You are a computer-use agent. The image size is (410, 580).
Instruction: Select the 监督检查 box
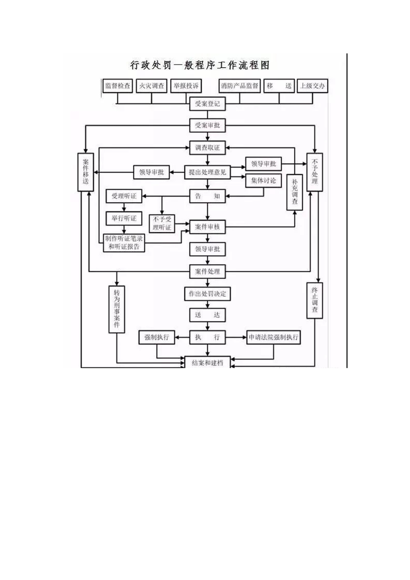[118, 86]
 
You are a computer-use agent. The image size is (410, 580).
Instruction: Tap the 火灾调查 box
[151, 86]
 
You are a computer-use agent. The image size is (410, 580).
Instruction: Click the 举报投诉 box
[186, 86]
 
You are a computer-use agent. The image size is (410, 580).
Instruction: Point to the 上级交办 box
[313, 86]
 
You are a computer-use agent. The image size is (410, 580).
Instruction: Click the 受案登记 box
[207, 104]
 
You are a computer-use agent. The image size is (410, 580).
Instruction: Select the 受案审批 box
[207, 126]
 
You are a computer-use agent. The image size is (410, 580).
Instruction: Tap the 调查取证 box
[207, 148]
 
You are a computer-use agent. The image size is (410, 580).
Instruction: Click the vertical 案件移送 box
[86, 172]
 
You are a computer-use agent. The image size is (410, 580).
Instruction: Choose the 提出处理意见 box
[207, 172]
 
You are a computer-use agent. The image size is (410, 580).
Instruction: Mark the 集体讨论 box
[264, 181]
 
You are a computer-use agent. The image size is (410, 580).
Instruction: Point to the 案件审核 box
[207, 226]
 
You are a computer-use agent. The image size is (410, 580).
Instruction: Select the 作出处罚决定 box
[207, 294]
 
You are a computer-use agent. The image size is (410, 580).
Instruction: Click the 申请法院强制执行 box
[274, 338]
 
